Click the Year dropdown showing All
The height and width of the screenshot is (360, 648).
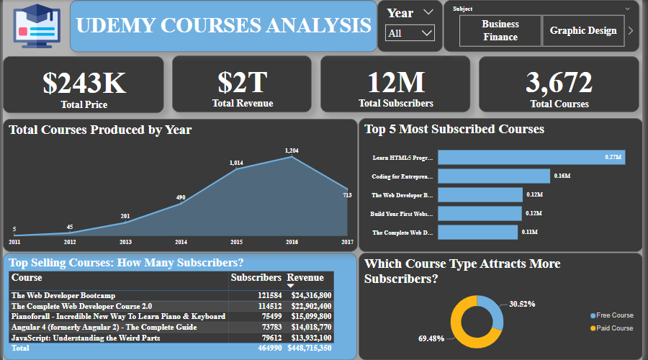(410, 33)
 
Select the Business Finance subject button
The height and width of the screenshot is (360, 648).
(500, 30)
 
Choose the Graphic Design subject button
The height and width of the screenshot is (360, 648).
(583, 30)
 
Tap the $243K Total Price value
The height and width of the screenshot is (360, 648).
(84, 84)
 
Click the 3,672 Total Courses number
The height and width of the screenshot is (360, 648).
(559, 83)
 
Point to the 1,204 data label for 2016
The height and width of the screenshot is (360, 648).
(292, 150)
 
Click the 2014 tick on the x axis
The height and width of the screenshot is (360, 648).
(181, 242)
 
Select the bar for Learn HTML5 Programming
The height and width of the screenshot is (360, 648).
(531, 157)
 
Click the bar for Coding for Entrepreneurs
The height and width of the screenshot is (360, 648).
(493, 176)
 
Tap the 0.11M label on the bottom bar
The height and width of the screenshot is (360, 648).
(529, 233)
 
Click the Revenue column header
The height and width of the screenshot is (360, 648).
(305, 278)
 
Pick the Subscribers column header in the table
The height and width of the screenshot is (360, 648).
(256, 278)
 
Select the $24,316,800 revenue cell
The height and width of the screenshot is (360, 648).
(311, 295)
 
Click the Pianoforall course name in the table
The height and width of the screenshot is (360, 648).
(118, 316)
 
